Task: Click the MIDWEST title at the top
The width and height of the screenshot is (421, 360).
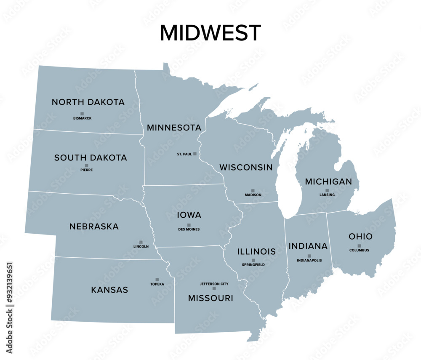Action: coord(210,33)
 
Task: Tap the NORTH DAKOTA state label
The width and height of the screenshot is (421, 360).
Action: coord(88,102)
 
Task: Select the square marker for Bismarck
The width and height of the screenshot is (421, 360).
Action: coord(82,114)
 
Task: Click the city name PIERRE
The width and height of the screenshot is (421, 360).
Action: coord(86,170)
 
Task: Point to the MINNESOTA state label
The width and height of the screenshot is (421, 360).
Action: coord(174,128)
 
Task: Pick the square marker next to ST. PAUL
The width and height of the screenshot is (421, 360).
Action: coord(195,154)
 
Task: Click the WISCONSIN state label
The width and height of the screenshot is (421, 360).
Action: coord(246,168)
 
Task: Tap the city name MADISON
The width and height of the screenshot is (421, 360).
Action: coord(253,195)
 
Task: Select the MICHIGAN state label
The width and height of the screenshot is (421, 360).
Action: coord(328,182)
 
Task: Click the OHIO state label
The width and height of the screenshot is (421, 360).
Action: coord(360,237)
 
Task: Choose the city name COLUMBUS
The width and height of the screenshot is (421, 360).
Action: coord(359,251)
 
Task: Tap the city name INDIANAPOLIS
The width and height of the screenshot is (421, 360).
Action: coord(309,261)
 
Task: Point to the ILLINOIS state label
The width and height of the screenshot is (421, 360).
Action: coord(256,252)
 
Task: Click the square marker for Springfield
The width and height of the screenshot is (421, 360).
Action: coord(253,260)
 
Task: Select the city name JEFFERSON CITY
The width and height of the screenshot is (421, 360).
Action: coord(214,284)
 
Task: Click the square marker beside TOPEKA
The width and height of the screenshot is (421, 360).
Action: coord(157,280)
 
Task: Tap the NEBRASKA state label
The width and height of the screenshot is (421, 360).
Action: coord(94,227)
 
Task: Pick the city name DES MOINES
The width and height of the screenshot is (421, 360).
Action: coord(189,229)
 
